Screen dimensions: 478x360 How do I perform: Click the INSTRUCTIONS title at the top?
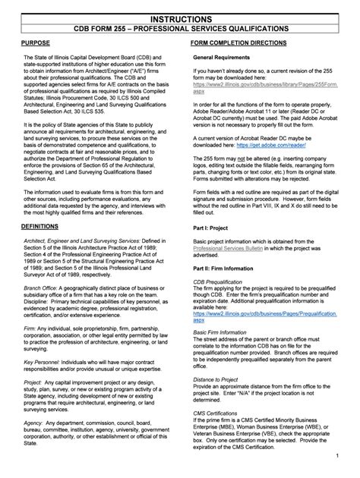[x=180, y=16]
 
